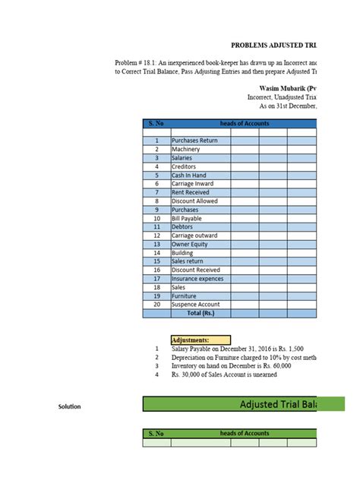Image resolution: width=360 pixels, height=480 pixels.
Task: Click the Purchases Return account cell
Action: coord(195,141)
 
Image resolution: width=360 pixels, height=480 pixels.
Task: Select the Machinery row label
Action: coord(187,150)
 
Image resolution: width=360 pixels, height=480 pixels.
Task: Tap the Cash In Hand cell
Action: coord(189,175)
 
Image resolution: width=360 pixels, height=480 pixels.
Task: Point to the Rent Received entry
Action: coord(192,192)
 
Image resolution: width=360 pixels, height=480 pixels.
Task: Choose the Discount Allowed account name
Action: coord(195,201)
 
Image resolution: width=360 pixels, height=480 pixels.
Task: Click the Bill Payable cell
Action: coord(189,218)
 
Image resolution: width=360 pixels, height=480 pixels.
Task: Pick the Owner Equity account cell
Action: coord(191,244)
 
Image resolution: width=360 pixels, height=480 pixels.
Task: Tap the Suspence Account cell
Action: coord(196,305)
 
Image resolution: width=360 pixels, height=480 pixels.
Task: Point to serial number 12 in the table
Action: coord(156,235)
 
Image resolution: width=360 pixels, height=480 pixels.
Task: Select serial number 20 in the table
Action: coord(156,305)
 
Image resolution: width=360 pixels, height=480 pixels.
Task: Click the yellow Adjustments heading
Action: coord(201,340)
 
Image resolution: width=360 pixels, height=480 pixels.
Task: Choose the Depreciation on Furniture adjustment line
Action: coord(243,357)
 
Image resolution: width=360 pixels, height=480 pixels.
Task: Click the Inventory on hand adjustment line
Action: coord(231,366)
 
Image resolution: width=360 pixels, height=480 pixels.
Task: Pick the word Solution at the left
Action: coord(70,407)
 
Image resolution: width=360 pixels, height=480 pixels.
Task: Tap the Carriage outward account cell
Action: coord(194,235)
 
